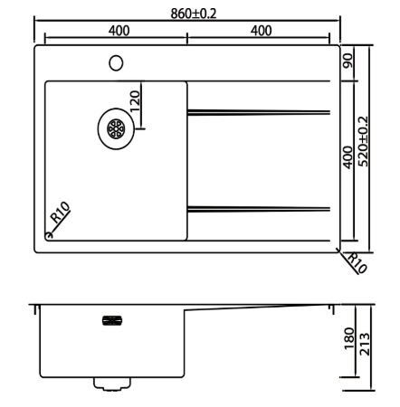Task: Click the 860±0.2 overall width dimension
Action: pyautogui.click(x=187, y=12)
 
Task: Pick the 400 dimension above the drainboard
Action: pyautogui.click(x=261, y=30)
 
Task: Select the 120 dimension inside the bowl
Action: pyautogui.click(x=136, y=100)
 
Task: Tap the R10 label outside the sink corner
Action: pyautogui.click(x=355, y=263)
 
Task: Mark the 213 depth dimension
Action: pyautogui.click(x=365, y=345)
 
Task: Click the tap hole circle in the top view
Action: pyautogui.click(x=116, y=62)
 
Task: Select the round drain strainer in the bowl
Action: pyautogui.click(x=117, y=129)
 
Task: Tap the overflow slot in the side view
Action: pyautogui.click(x=114, y=318)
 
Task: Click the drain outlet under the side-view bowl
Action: pyautogui.click(x=112, y=383)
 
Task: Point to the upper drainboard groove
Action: pyautogui.click(x=259, y=112)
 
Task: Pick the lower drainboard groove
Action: pyautogui.click(x=259, y=210)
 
